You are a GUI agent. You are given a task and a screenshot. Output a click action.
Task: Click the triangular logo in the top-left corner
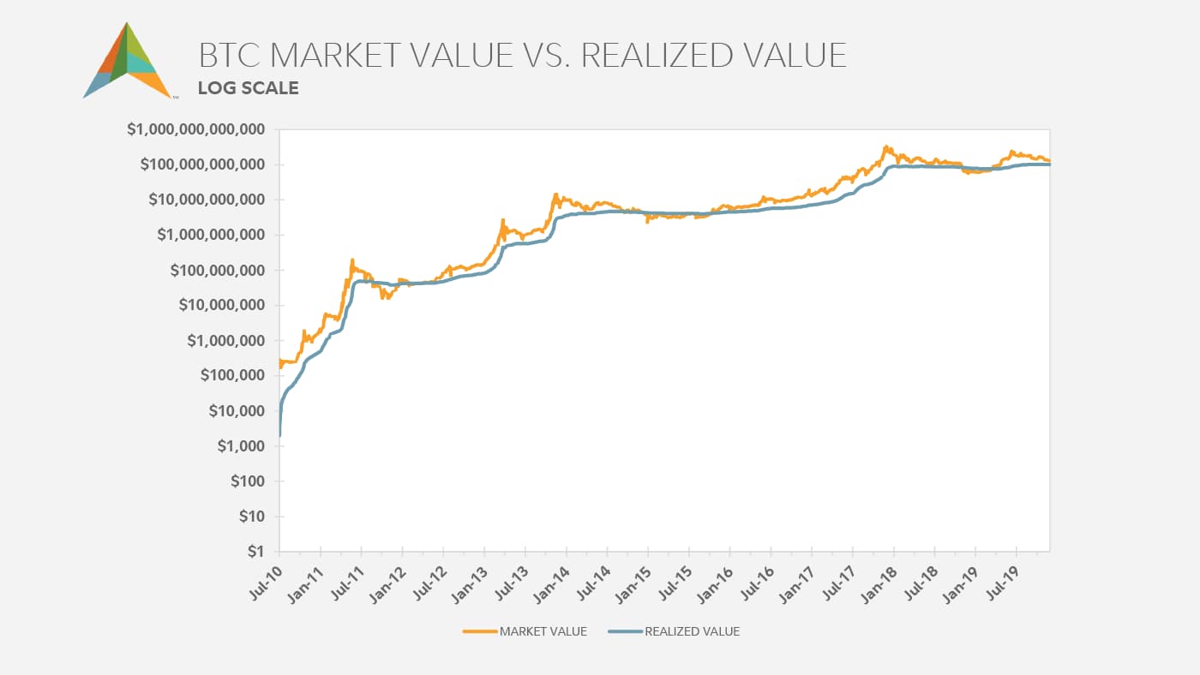click(128, 62)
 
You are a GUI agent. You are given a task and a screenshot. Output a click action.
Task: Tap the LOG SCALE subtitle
click(248, 87)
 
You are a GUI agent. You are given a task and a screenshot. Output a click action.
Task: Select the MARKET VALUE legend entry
click(543, 631)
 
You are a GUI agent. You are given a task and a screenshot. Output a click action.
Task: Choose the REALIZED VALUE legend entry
click(692, 631)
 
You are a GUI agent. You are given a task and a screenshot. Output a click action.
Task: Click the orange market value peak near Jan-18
click(885, 146)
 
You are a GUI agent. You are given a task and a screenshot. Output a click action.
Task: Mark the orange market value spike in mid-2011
click(352, 260)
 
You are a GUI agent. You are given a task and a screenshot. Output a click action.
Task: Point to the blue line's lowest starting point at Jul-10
click(280, 436)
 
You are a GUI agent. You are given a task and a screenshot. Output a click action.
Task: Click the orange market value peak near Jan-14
click(556, 194)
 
